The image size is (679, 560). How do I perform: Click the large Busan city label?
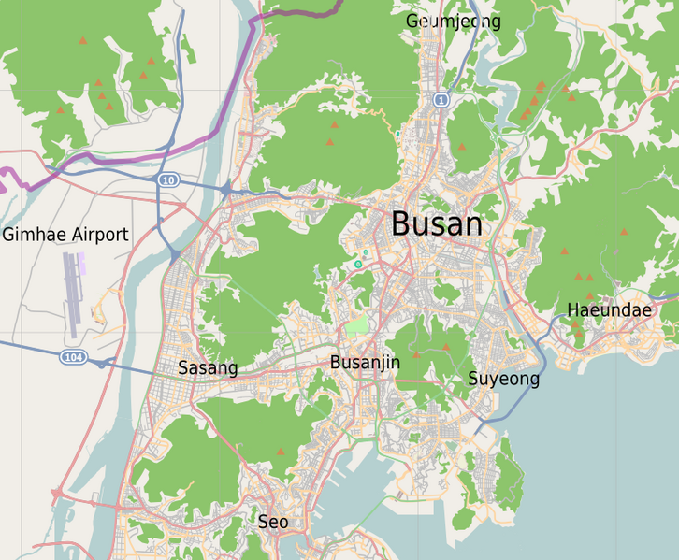[437, 224]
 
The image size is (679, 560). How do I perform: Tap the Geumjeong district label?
[454, 22]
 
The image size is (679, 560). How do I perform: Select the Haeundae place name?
[609, 310]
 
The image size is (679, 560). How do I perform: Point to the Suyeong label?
[503, 379]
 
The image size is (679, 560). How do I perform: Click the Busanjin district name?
[365, 362]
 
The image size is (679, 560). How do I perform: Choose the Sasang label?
[208, 368]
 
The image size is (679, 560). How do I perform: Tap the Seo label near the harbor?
[273, 522]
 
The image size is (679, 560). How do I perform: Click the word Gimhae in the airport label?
[35, 235]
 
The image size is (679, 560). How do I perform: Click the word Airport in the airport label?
[99, 235]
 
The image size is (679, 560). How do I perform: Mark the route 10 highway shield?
[167, 179]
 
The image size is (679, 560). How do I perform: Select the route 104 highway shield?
[72, 357]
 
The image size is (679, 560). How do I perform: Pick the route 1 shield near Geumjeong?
[441, 99]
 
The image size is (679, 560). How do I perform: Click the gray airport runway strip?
[71, 294]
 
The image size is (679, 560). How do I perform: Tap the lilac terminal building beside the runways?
[82, 264]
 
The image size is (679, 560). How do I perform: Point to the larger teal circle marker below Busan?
[357, 265]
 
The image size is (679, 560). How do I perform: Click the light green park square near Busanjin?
[357, 326]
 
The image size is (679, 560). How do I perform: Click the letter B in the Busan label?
[401, 224]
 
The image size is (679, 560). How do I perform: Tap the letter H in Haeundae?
[573, 310]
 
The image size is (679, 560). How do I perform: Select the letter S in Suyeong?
[473, 379]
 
